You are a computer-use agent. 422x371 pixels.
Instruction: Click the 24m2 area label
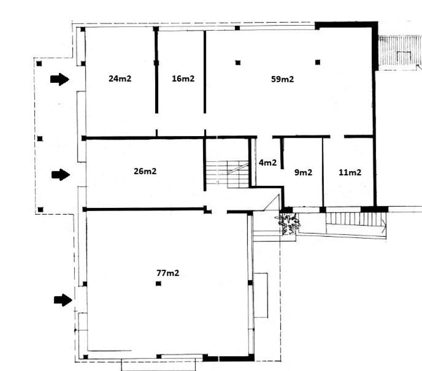tap(120, 79)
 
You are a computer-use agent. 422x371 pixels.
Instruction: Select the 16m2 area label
tap(183, 79)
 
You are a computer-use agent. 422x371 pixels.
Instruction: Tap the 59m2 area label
tap(282, 79)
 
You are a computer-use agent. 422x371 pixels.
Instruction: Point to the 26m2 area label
tap(145, 171)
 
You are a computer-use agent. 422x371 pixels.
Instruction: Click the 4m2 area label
tap(267, 163)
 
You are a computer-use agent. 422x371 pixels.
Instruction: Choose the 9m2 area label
tap(303, 173)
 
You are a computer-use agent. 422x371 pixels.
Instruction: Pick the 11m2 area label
tap(350, 173)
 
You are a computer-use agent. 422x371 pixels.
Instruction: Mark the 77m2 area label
tap(168, 273)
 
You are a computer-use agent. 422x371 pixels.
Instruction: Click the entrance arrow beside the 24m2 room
tap(60, 79)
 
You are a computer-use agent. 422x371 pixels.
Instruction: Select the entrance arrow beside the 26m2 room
tap(61, 175)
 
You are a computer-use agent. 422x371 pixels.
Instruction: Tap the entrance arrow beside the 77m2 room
tap(63, 300)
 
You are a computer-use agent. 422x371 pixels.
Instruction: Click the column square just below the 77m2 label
tap(159, 283)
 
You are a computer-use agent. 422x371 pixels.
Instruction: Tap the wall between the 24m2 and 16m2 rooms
tap(156, 71)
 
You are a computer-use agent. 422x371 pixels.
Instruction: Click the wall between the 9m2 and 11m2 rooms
tap(323, 173)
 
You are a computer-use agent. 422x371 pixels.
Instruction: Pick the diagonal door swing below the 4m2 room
tap(272, 203)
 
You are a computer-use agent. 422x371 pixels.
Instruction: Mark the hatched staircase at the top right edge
tap(400, 51)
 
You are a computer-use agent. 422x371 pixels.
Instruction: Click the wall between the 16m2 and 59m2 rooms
tap(205, 72)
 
